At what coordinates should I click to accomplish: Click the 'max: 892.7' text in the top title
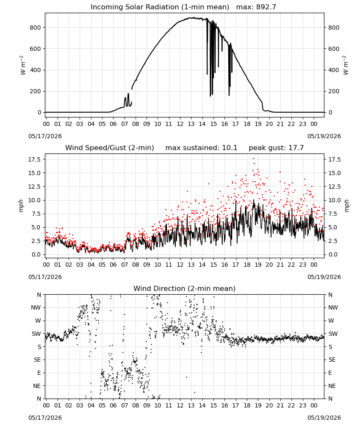point(256,7)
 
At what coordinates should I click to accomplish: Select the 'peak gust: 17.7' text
point(276,148)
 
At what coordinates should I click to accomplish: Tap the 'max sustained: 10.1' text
point(201,148)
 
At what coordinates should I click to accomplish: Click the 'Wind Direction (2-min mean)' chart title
point(185,288)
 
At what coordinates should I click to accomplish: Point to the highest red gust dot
point(253,159)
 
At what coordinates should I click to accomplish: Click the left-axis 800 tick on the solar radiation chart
point(36,28)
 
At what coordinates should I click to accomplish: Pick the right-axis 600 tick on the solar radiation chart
point(334,49)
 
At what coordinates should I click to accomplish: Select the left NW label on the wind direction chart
point(36,308)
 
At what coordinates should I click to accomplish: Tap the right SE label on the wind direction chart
point(332,360)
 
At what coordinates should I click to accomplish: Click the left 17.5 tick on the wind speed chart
point(34,159)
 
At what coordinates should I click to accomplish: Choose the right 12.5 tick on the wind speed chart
point(334,187)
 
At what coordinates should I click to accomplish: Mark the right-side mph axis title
point(346,206)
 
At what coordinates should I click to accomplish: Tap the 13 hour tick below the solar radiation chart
point(191,124)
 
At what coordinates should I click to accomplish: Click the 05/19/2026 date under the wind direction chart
point(324,418)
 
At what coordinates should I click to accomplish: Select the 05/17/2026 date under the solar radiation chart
point(45,136)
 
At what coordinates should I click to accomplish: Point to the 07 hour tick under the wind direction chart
point(125,405)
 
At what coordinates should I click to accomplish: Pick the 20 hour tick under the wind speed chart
point(269,265)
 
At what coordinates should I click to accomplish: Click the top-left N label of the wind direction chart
point(39,295)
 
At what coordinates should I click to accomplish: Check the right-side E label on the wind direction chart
point(330,373)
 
